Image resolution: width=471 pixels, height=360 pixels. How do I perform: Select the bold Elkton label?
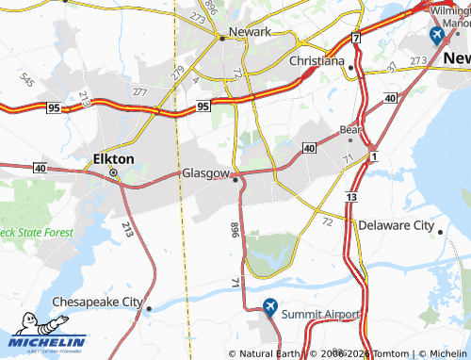click(x=114, y=159)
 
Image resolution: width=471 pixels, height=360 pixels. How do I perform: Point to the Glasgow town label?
click(x=205, y=174)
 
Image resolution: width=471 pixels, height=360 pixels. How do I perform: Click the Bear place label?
click(x=351, y=129)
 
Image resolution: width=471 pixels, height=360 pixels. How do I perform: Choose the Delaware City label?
click(x=396, y=226)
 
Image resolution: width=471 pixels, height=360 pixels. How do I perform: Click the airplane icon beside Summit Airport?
click(x=270, y=306)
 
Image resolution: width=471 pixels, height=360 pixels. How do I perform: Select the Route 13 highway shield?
click(x=350, y=196)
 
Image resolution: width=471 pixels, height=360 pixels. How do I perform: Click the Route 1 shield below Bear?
click(x=374, y=155)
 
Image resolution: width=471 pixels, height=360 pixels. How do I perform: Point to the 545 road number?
click(x=27, y=81)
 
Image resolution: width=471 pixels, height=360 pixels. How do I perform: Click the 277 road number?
click(x=140, y=91)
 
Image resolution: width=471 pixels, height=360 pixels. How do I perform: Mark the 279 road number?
click(x=177, y=71)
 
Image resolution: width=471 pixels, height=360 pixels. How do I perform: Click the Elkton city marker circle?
click(x=114, y=173)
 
